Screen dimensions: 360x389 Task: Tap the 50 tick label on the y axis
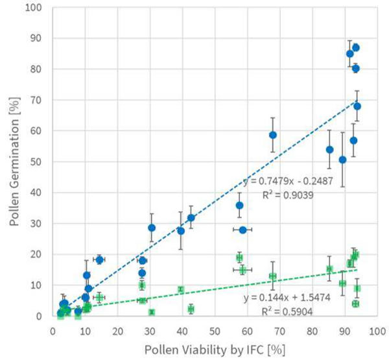[x=40, y=162]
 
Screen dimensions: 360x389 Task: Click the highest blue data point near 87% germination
[x=355, y=47]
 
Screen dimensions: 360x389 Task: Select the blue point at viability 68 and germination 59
[x=273, y=135]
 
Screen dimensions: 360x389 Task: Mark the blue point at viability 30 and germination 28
[x=152, y=228]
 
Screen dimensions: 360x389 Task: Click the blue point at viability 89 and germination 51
[x=342, y=160]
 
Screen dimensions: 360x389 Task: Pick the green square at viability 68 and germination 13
[x=273, y=276]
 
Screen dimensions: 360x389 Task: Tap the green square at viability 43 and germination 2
[x=191, y=309]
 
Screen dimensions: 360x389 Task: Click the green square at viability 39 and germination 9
[x=181, y=289]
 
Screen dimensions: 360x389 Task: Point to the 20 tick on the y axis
[x=40, y=255]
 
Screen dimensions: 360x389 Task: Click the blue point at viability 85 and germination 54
[x=329, y=149]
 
